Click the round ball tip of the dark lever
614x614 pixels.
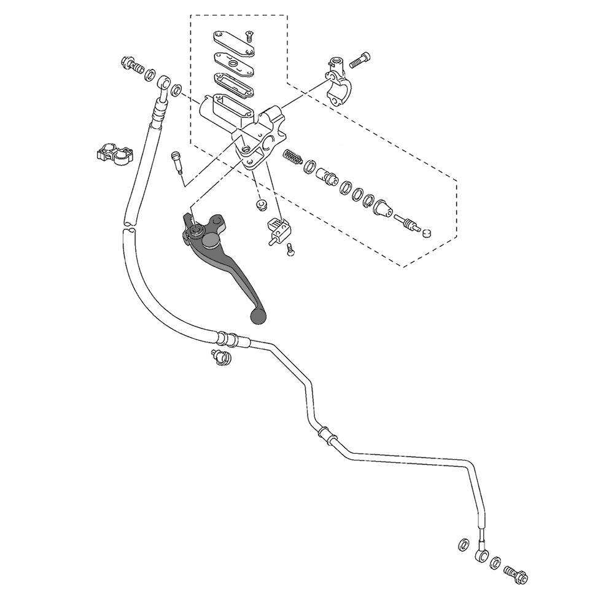coord(258,316)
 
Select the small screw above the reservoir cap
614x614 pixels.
coord(250,36)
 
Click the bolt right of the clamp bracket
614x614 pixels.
coord(360,60)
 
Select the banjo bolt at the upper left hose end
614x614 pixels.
coord(132,64)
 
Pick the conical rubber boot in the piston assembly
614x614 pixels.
coord(383,209)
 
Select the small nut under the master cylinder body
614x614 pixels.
coord(262,204)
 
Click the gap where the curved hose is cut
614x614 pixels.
coord(128,226)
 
